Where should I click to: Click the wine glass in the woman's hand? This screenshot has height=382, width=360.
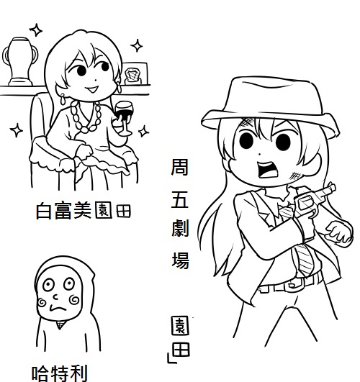pos(124,118)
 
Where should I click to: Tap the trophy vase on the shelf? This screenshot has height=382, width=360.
pos(20,61)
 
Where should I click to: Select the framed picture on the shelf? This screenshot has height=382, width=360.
pos(135,73)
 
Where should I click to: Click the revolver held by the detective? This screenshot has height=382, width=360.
pos(314,200)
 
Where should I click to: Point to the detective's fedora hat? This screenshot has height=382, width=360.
pos(270,105)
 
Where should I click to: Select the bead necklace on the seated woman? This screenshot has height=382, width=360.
pos(86,117)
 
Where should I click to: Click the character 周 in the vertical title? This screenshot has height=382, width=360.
pos(180,167)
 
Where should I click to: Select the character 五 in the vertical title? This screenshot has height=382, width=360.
pos(180,199)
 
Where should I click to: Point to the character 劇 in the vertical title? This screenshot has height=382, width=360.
pos(180,228)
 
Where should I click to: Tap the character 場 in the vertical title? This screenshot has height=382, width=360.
pos(181,260)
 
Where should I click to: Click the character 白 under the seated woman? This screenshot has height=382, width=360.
pos(44,211)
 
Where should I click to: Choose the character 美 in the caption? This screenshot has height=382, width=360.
pos(82,210)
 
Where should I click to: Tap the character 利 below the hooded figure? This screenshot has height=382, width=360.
pos(78,373)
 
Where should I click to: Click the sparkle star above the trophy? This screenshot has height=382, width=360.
pos(36,30)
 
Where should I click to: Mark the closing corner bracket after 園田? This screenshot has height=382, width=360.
pos(171,358)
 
